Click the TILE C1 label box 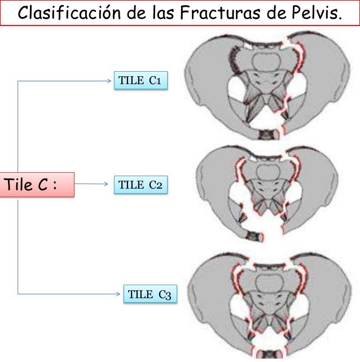point(141,81)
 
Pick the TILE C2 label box point(141,185)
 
